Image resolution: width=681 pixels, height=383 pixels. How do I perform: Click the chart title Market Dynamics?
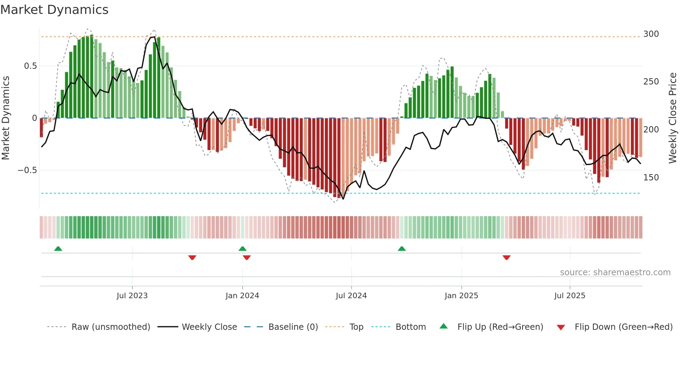54,10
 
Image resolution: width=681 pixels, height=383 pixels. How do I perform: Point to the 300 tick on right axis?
651,34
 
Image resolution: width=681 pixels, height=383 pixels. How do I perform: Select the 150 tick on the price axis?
651,178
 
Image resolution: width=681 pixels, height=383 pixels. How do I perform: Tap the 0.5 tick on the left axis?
30,66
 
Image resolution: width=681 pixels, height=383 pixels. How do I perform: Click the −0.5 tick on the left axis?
27,170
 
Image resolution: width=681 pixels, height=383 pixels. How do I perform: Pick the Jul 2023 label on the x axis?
132,296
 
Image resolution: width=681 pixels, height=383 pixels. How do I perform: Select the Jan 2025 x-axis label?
461,296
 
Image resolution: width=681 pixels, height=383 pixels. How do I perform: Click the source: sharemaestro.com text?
615,272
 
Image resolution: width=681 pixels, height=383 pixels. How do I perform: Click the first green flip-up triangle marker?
58,249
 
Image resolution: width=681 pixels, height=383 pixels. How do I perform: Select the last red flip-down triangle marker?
506,258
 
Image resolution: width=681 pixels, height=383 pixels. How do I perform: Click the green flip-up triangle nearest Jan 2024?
243,249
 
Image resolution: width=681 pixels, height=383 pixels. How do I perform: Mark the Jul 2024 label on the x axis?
351,296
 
